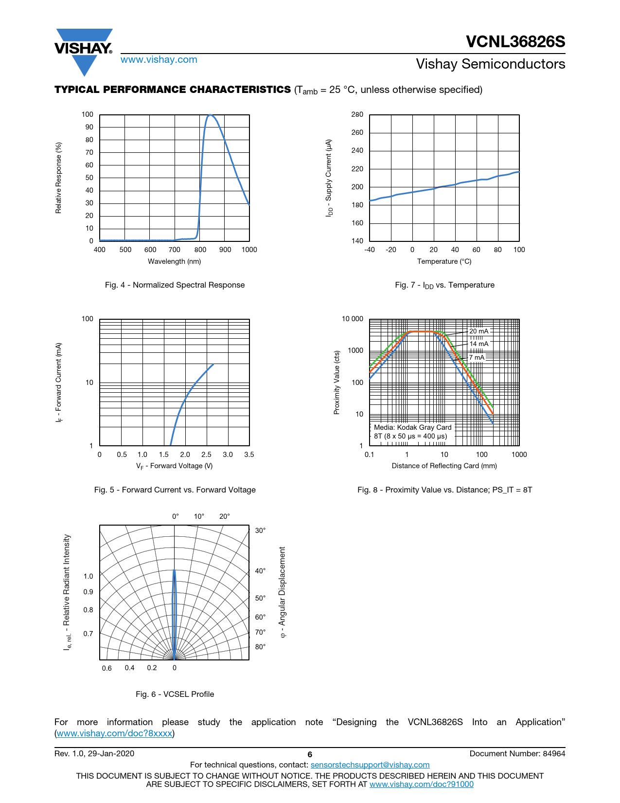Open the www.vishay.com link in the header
[x=159, y=60]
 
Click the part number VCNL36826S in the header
[x=515, y=42]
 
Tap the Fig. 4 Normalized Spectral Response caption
[x=175, y=285]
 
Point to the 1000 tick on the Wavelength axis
[x=249, y=250]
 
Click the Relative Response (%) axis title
[x=59, y=178]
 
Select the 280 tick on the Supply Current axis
[x=357, y=115]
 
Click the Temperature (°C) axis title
[x=444, y=262]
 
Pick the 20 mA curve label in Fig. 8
[x=478, y=331]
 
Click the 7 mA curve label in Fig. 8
[x=477, y=358]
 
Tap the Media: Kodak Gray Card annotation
[x=412, y=428]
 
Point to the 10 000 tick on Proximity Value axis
[x=352, y=319]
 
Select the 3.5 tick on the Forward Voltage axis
[x=249, y=455]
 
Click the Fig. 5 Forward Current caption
[x=175, y=490]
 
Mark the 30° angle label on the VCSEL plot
[x=261, y=531]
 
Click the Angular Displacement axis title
[x=283, y=592]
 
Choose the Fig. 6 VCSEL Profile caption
[x=175, y=694]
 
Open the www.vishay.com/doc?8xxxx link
[x=114, y=733]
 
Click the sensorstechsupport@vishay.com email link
[x=370, y=765]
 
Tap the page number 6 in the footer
[x=310, y=754]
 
